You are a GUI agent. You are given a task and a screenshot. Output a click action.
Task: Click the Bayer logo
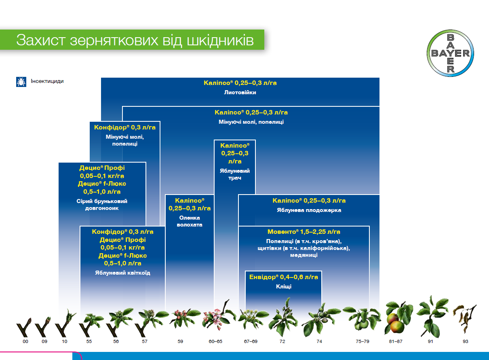pos(450,53)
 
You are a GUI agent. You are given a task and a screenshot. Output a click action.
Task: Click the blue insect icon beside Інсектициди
pos(21,82)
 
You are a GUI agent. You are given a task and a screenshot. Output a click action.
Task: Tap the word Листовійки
pos(240,92)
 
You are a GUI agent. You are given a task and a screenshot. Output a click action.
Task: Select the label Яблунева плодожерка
pos(309,210)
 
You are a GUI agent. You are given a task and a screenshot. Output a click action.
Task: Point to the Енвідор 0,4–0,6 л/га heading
pos(284,277)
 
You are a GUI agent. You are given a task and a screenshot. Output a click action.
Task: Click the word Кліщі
pos(284,286)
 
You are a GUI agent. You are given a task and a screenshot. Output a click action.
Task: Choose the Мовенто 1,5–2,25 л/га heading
pos(304,231)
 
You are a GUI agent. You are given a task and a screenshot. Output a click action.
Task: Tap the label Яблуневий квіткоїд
pos(122,273)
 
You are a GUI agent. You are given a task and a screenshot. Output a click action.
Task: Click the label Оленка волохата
pos(190,221)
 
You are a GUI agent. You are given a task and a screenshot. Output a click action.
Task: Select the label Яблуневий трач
pos(235,174)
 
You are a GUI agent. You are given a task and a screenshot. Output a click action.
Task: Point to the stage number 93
pos(465,341)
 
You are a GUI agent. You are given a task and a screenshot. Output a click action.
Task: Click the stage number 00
pos(25,341)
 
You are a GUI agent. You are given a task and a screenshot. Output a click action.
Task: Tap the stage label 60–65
pos(215,341)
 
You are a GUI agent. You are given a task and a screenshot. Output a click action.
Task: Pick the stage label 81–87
pos(395,341)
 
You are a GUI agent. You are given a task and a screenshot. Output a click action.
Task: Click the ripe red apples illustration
pos(396,323)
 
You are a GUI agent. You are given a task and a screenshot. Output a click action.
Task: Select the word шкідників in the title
pos(220,40)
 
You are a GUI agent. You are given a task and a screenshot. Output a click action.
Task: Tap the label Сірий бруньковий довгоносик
pos(102,205)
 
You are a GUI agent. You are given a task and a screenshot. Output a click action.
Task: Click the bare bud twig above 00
pos(23,328)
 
